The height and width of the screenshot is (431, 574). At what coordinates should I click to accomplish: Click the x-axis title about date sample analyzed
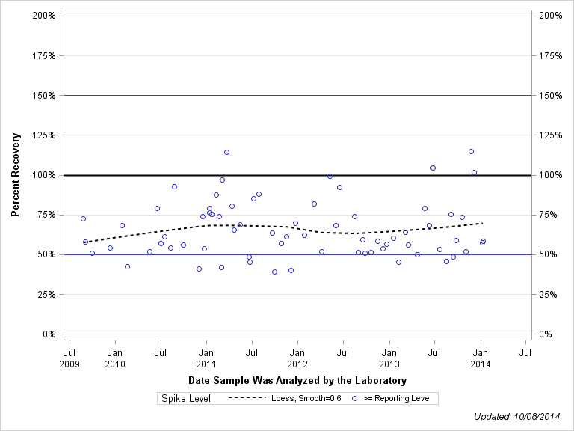pyautogui.click(x=297, y=381)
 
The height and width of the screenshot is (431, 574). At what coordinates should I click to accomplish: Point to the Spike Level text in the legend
pyautogui.click(x=186, y=399)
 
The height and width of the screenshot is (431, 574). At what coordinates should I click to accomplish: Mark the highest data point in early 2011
pyautogui.click(x=226, y=152)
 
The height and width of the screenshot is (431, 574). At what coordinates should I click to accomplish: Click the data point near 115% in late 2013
pyautogui.click(x=471, y=151)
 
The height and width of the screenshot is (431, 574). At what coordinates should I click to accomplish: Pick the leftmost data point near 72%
pyautogui.click(x=83, y=218)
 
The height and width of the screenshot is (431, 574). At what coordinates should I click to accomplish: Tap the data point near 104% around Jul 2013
pyautogui.click(x=433, y=168)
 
